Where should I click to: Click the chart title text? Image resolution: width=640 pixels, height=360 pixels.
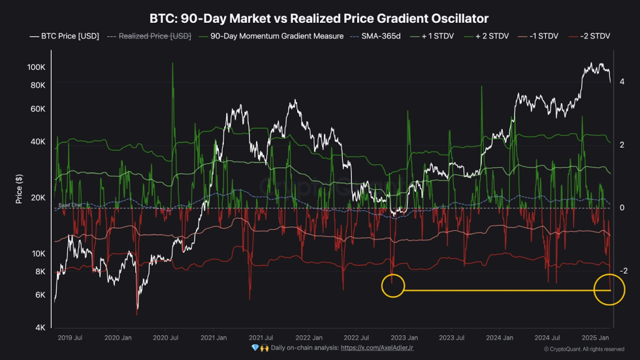pos(319,19)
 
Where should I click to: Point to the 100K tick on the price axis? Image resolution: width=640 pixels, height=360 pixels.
pos(36,67)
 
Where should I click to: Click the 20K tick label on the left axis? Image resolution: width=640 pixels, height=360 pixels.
pos(37,198)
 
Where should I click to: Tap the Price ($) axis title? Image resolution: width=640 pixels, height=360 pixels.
pos(19,189)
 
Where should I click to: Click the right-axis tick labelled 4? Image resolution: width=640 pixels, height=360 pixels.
pos(622,82)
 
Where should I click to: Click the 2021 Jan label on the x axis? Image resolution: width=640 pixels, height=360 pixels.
pos(213,338)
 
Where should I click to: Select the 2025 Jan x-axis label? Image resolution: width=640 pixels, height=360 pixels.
pos(594,338)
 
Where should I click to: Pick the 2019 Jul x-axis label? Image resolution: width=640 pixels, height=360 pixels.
pos(69,338)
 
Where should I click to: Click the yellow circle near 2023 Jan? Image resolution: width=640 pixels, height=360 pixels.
pos(392,286)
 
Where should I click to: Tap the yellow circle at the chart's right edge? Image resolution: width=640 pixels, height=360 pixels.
pos(609,289)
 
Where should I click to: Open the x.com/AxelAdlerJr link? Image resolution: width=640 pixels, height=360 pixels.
pos(377,348)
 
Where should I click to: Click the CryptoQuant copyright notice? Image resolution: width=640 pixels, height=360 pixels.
pos(584,350)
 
